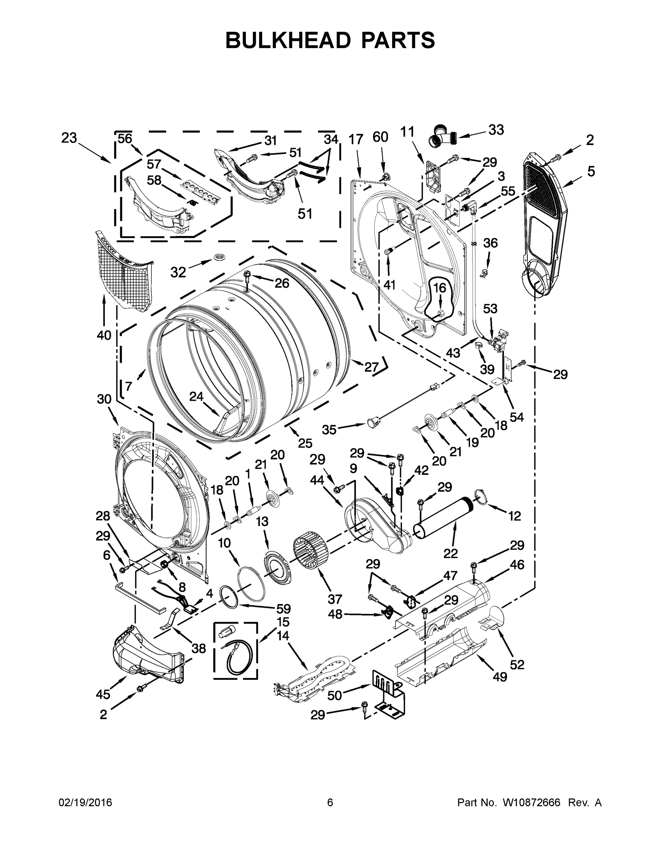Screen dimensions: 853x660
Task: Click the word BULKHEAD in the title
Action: coord(288,40)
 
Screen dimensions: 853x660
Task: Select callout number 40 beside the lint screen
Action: coord(104,335)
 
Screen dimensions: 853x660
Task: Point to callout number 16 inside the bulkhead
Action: coord(439,288)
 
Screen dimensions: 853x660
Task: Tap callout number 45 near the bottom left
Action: coord(103,694)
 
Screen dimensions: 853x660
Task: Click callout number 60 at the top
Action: coord(380,137)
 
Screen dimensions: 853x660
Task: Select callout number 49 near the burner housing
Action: coord(500,676)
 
